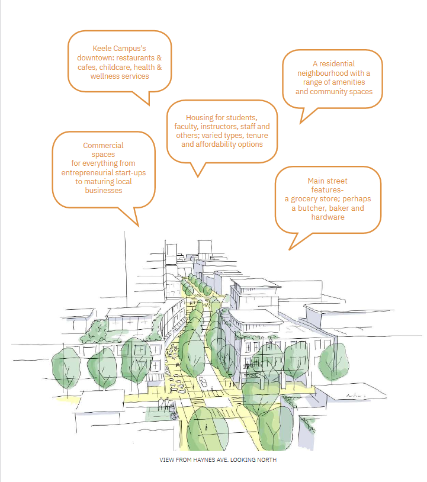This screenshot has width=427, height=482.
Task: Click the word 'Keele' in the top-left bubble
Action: [102, 49]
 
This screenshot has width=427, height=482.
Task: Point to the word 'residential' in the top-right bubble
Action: [337, 63]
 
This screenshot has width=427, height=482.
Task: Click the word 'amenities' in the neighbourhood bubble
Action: [349, 82]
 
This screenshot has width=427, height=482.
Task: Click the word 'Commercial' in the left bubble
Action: [103, 146]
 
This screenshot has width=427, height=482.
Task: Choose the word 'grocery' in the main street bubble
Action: [303, 199]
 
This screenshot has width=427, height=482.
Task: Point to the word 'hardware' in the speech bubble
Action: [328, 217]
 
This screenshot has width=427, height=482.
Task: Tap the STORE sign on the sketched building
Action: [251, 375]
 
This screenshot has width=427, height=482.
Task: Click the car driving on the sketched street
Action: [203, 382]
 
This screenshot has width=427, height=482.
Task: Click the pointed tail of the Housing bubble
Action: [198, 177]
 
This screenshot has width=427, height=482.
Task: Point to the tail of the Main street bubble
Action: [289, 249]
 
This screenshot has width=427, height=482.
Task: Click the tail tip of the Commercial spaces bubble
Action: [139, 226]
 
